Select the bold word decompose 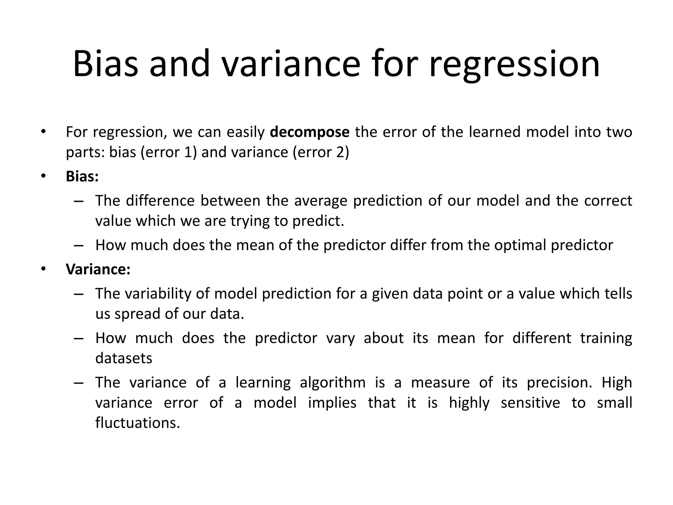tap(310, 132)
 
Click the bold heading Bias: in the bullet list tap(82, 177)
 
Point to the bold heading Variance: tap(98, 269)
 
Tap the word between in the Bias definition tap(230, 201)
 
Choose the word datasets tap(124, 358)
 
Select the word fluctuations tap(138, 423)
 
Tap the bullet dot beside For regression tap(43, 132)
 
